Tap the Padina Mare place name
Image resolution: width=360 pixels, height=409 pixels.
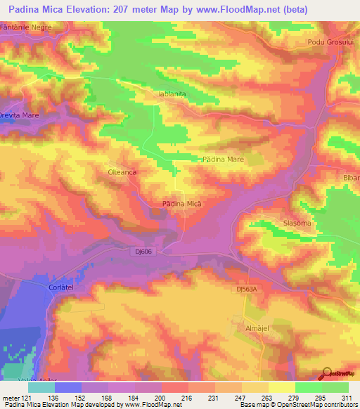(x=223, y=160)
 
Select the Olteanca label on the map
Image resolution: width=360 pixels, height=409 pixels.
(x=121, y=171)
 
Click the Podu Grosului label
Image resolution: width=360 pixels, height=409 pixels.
(x=328, y=42)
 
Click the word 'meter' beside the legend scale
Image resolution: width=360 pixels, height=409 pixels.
(x=11, y=398)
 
